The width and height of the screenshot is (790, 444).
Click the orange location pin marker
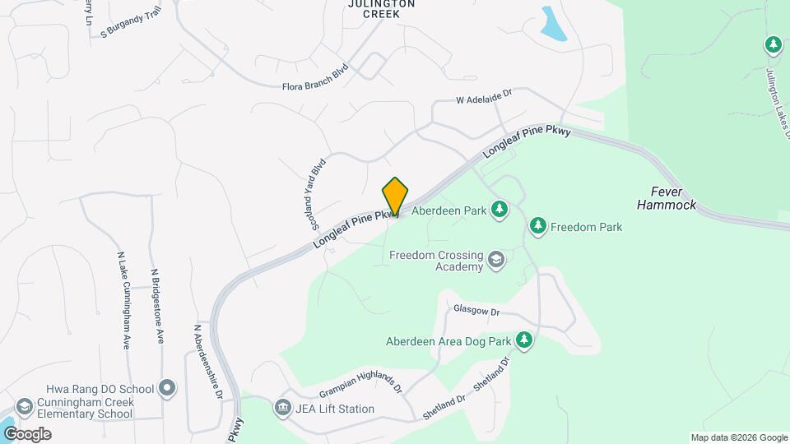395,197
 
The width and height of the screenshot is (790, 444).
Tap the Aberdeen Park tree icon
498,211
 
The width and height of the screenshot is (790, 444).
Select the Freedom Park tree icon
538,226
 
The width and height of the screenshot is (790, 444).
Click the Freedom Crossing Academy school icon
496,261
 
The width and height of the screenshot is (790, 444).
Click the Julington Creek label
380,9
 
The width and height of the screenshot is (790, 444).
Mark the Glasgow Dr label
476,311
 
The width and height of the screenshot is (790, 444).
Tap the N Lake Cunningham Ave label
123,300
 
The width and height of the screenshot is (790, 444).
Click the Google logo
27,433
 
